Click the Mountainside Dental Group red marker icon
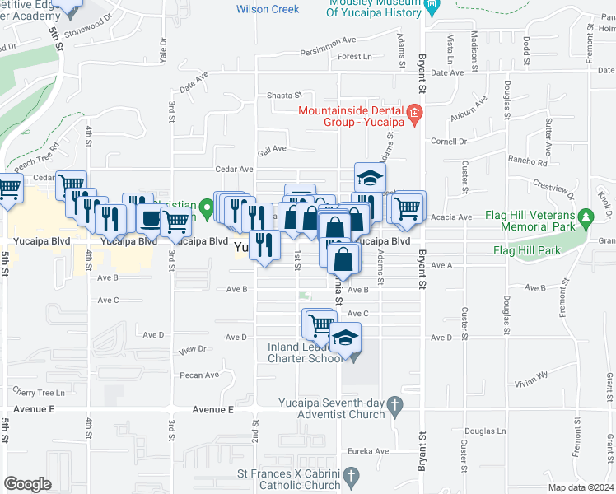(x=414, y=113)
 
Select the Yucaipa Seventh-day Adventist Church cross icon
(x=395, y=404)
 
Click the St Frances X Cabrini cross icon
(x=352, y=476)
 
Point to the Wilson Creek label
(x=267, y=9)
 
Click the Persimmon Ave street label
(x=328, y=40)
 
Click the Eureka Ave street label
(x=371, y=451)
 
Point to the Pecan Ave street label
(x=200, y=375)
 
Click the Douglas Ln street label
(x=484, y=431)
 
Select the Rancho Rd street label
(x=528, y=161)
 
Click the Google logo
(x=27, y=484)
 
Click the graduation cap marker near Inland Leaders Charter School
(x=345, y=340)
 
